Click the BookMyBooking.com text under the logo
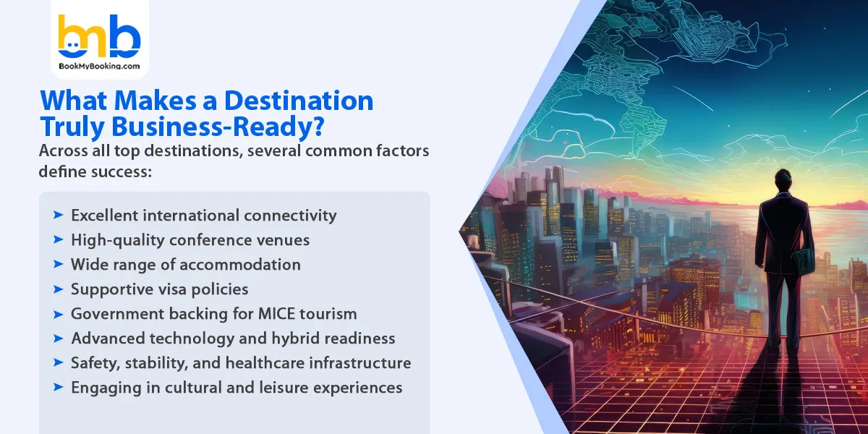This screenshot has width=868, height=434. coord(98,66)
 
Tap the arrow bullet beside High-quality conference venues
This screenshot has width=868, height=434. coord(58,239)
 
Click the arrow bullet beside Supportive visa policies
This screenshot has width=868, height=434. coord(58,289)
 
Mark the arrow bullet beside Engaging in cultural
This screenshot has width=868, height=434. coord(58,387)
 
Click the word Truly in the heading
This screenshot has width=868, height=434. coord(69,127)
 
